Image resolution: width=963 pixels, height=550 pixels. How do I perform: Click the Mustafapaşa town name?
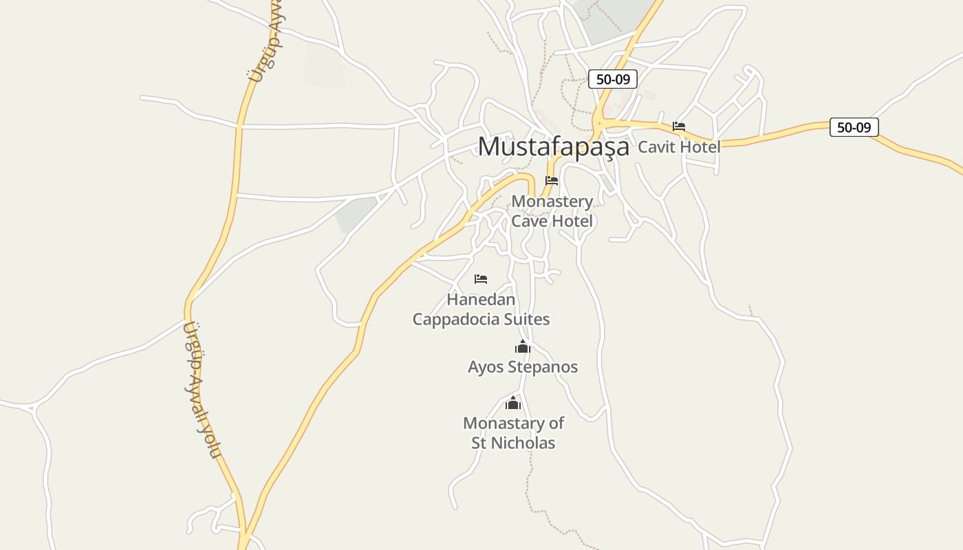click(x=553, y=146)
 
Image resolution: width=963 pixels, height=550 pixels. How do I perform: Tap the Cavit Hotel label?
click(x=679, y=146)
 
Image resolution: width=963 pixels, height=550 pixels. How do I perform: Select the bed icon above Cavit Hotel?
click(x=679, y=126)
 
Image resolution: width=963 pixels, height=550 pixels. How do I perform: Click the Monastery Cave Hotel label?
click(x=552, y=211)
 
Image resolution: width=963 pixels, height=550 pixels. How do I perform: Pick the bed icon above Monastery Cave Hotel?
click(x=552, y=181)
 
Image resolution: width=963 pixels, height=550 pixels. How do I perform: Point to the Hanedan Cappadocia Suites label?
click(x=481, y=309)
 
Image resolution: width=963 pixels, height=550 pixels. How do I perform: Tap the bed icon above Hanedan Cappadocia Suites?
click(x=481, y=279)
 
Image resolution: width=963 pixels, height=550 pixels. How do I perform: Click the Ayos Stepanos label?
click(x=523, y=367)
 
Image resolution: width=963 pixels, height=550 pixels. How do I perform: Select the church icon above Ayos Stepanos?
click(x=523, y=346)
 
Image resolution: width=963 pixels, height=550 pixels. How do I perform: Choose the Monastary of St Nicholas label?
click(x=513, y=433)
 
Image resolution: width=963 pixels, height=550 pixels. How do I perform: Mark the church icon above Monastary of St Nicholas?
click(x=513, y=403)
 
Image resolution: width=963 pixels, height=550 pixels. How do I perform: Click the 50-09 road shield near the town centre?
click(x=612, y=79)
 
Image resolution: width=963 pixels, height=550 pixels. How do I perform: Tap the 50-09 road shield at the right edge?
click(x=854, y=127)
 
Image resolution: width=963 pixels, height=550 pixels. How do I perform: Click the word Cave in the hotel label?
click(x=528, y=221)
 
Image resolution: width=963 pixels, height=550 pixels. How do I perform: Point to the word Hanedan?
click(x=481, y=300)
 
